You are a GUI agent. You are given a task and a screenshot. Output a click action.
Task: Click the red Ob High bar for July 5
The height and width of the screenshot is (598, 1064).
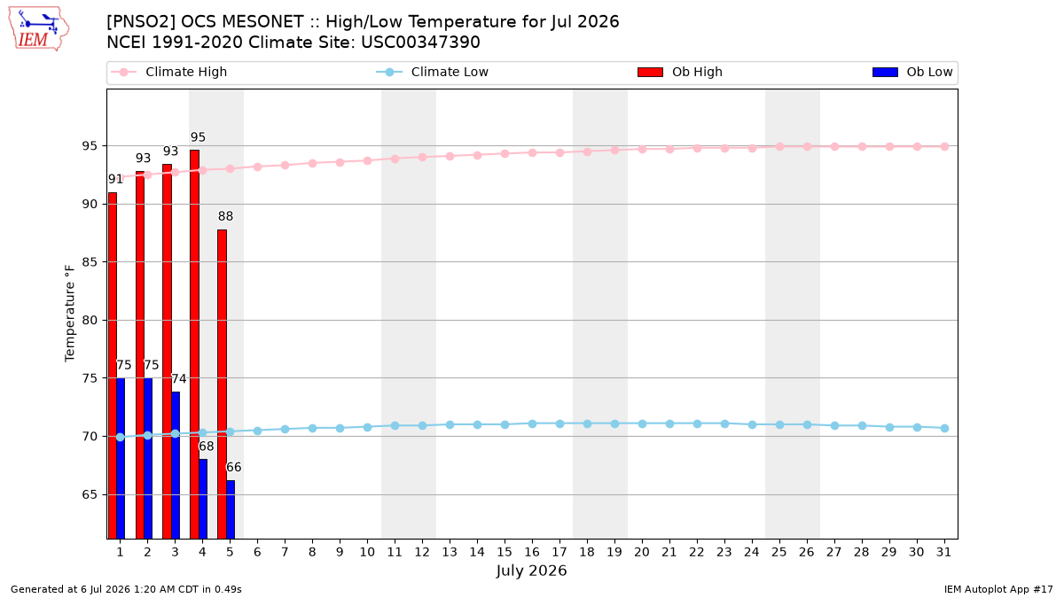pos(222,384)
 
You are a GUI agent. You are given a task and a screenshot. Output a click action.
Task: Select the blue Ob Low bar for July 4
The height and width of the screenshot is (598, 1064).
pos(203,499)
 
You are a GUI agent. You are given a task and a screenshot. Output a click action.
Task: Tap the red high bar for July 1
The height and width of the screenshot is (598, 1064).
pos(112,365)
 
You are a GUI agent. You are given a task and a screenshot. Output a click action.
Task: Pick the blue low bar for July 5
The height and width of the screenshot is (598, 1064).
pos(231,509)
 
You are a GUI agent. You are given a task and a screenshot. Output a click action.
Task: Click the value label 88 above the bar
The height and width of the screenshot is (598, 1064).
pos(225,216)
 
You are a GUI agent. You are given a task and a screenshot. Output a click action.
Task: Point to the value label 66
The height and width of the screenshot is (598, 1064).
pos(234,468)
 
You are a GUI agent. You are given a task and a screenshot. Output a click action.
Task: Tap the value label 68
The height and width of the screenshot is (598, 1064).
pos(206,447)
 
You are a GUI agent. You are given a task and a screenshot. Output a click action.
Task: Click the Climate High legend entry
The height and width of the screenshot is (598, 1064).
pos(169,72)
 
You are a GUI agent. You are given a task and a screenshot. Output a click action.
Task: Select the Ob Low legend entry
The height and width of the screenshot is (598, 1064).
pos(912,72)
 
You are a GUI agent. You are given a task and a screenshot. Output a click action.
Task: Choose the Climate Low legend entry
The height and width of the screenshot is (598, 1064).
pos(433,72)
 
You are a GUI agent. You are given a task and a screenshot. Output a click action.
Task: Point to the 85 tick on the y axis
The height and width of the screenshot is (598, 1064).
pos(90,262)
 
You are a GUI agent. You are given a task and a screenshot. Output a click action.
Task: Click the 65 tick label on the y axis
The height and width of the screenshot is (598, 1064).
pos(90,494)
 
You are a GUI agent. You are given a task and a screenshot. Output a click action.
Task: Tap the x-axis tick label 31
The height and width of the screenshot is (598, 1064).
pos(943,552)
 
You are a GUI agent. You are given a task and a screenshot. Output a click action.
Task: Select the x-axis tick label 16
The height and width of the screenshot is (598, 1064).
pos(532,552)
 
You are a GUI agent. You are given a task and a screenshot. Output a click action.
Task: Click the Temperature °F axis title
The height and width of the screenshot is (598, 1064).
pos(70,314)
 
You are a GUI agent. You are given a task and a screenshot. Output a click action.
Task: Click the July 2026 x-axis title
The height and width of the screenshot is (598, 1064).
pos(531,571)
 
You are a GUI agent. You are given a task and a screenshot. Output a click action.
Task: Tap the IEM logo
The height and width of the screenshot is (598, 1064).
pos(39,29)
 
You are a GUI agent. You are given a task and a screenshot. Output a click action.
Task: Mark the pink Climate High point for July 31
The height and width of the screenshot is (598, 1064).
pos(945,147)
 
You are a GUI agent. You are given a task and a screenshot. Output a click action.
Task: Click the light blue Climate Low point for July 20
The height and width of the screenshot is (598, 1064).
pos(642,423)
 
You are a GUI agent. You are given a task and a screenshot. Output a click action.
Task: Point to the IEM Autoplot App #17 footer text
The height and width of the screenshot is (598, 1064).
pos(998,589)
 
